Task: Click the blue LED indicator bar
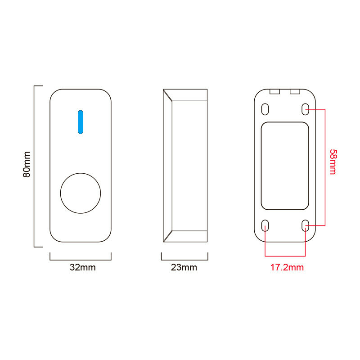[81, 122]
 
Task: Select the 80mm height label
[27, 164]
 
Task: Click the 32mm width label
[83, 267]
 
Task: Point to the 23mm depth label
[184, 267]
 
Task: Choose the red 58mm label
[333, 162]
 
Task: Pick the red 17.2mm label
[287, 267]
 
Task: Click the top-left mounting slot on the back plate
[265, 109]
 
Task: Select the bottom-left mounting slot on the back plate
[265, 225]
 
